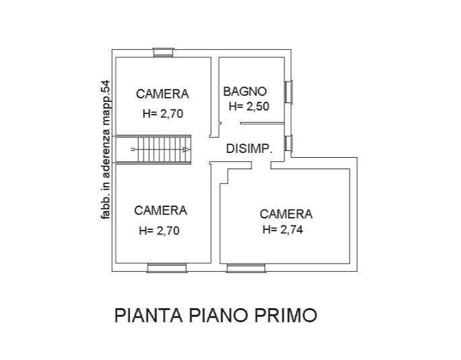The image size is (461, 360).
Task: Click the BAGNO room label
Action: click(x=245, y=92)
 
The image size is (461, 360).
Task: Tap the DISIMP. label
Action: click(x=249, y=148)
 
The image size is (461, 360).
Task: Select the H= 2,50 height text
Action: click(x=249, y=106)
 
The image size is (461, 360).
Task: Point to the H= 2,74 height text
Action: click(x=283, y=229)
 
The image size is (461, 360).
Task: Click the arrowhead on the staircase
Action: click(x=187, y=150)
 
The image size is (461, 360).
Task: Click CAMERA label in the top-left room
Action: click(x=162, y=94)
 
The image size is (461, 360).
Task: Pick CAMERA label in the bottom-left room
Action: click(x=160, y=210)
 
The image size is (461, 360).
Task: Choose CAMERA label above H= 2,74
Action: click(x=286, y=214)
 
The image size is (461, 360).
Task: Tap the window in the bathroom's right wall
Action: click(x=288, y=92)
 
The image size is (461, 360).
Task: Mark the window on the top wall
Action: click(x=164, y=53)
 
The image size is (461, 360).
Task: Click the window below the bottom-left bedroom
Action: click(x=167, y=268)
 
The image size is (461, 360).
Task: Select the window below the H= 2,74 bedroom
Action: click(x=246, y=268)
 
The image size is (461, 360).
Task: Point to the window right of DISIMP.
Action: click(x=288, y=144)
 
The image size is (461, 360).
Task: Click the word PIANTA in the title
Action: click(x=148, y=316)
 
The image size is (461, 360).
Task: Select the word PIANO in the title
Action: click(x=218, y=316)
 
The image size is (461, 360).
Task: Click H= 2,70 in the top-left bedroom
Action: click(x=163, y=113)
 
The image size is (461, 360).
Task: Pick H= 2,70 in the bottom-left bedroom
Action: click(x=159, y=231)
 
